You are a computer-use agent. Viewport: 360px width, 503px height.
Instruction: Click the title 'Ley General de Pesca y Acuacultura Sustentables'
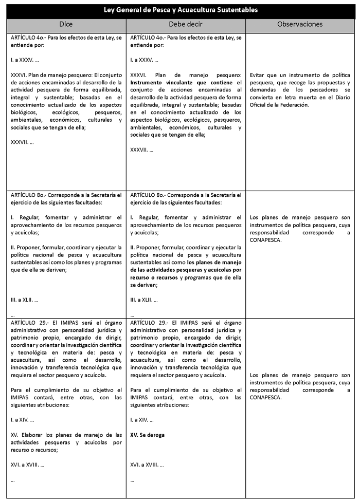tap(181, 10)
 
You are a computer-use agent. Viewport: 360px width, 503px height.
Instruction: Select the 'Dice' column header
tap(66, 24)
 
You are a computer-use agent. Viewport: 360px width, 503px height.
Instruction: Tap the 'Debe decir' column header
tap(186, 24)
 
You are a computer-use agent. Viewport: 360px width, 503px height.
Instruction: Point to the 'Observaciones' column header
tap(300, 24)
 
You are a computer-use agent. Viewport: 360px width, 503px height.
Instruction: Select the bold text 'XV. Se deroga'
tap(148, 435)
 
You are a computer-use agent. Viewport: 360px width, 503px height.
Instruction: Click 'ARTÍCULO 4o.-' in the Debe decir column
tap(149, 38)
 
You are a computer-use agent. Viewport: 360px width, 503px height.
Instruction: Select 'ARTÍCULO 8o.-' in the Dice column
tap(29, 195)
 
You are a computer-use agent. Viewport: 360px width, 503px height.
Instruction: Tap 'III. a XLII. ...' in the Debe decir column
tap(145, 300)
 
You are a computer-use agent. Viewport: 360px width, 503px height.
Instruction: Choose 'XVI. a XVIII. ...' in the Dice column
tap(28, 465)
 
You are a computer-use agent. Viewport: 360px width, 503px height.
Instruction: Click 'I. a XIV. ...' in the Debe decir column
tap(142, 420)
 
